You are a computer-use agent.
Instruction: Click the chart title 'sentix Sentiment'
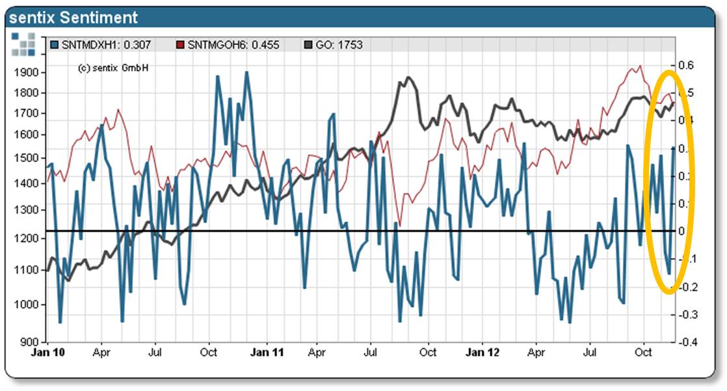tap(73, 17)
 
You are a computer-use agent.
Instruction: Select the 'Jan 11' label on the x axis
tap(267, 353)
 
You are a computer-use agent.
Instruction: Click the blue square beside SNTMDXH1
tap(54, 45)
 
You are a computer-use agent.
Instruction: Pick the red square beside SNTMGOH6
tap(181, 45)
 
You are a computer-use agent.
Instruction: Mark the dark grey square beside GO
tap(308, 45)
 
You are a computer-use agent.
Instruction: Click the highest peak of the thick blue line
tap(247, 72)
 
